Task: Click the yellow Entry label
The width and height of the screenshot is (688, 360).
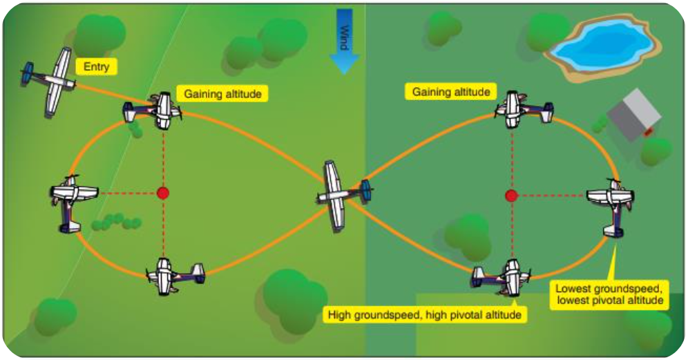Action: [96, 66]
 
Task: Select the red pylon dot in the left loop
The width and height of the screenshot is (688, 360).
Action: [163, 193]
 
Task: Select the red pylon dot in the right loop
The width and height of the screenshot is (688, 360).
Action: [511, 196]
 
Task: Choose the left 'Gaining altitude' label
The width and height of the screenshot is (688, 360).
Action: [222, 93]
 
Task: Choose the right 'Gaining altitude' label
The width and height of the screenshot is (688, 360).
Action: [451, 91]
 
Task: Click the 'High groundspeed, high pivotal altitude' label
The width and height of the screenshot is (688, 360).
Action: [424, 314]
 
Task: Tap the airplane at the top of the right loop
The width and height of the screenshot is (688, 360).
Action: [520, 108]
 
